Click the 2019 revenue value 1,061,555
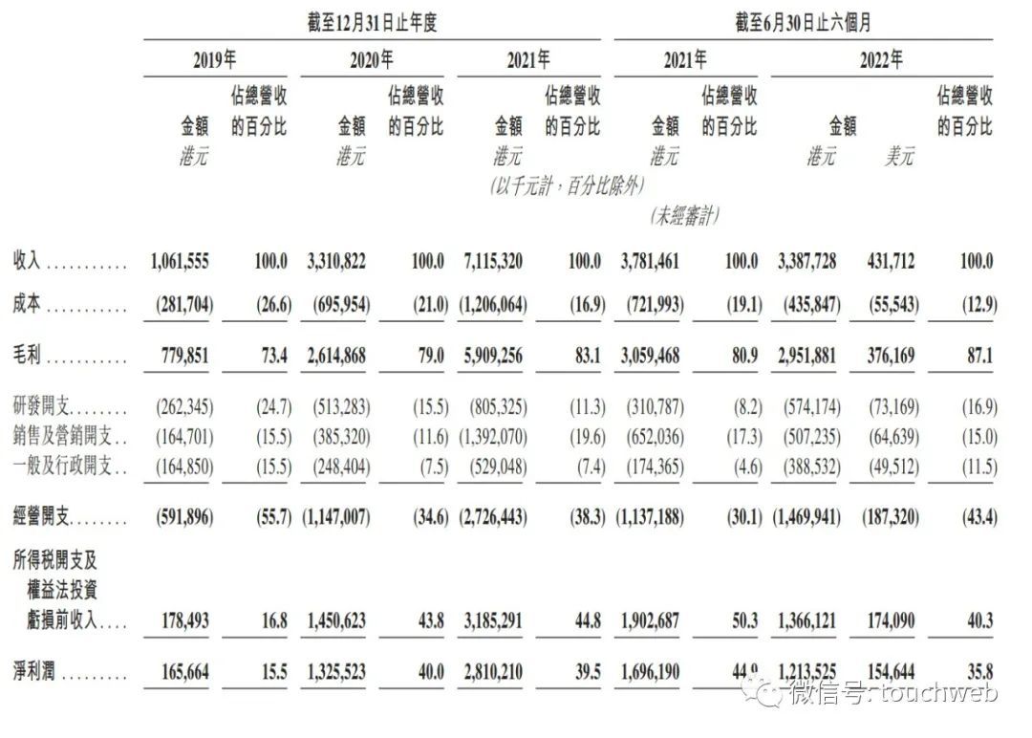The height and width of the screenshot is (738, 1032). coord(180,261)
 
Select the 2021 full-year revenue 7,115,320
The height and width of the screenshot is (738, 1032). coord(490,261)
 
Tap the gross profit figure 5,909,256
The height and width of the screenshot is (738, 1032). coord(492,356)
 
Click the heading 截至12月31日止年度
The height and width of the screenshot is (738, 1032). coord(372,22)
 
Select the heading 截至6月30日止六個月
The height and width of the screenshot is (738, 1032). coord(803,22)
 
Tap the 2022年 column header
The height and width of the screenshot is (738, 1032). coord(880,59)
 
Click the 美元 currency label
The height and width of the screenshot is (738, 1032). coord(898,156)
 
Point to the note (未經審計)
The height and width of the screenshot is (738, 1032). coord(683,216)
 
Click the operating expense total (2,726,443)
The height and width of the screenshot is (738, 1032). coord(491,517)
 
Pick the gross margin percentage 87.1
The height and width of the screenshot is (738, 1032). coord(978,356)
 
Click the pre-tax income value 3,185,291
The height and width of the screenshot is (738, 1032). coord(492,620)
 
